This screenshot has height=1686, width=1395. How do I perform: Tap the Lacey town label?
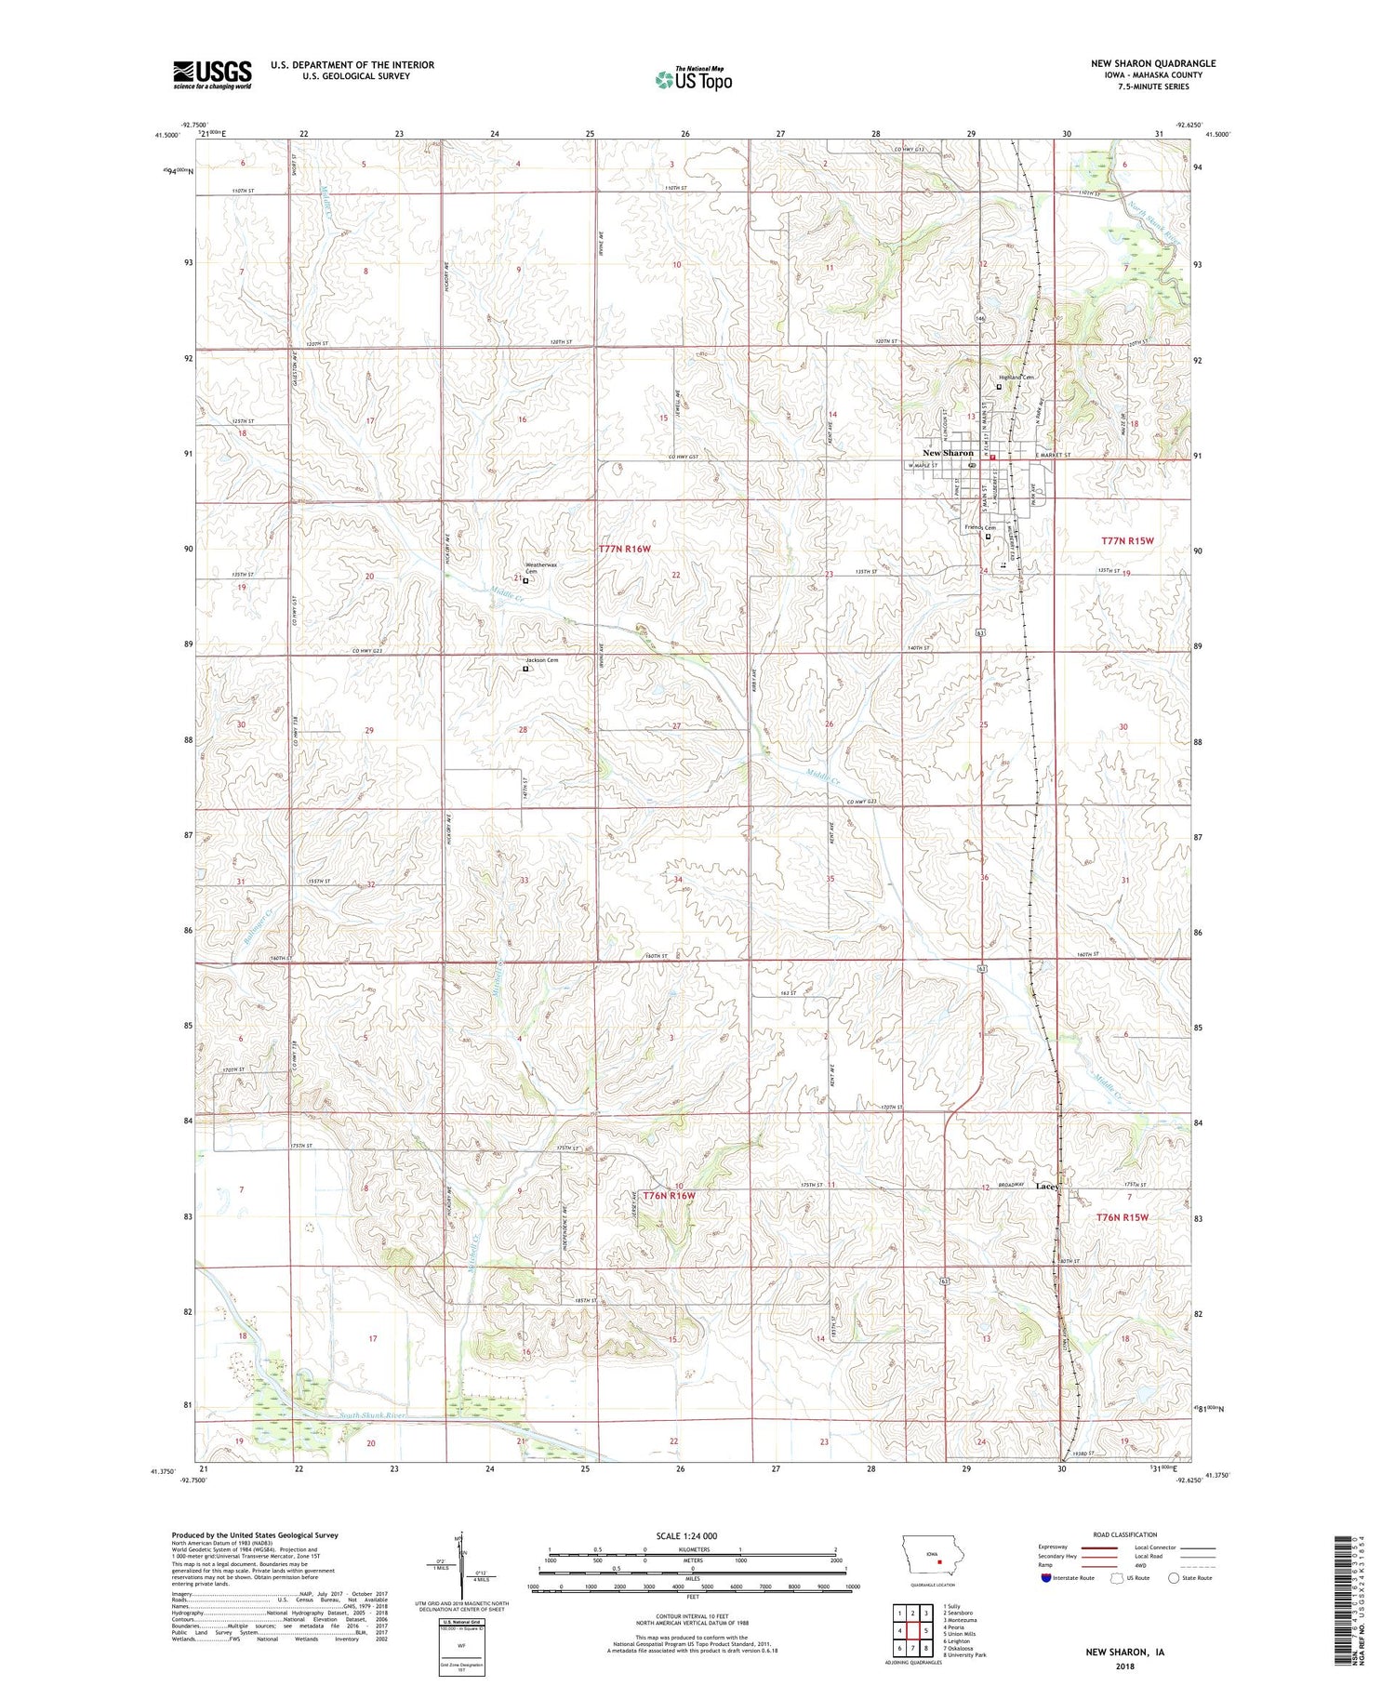1047,1187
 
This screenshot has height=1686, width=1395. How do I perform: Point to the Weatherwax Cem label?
542,567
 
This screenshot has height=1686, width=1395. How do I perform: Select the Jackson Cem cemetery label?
542,660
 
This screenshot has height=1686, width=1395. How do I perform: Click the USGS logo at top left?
212,74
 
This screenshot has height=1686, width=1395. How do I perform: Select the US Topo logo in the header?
693,79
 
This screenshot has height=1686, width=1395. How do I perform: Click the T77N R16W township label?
625,550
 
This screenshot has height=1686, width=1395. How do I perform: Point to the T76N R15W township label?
1123,1216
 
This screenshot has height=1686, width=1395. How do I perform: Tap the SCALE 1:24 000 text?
690,1535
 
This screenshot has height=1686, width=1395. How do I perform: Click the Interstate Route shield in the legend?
1045,1578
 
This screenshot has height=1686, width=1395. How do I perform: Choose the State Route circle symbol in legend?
1174,1577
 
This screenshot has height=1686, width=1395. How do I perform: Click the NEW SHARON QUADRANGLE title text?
1153,63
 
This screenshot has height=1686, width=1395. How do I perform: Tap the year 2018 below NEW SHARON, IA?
1124,1666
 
